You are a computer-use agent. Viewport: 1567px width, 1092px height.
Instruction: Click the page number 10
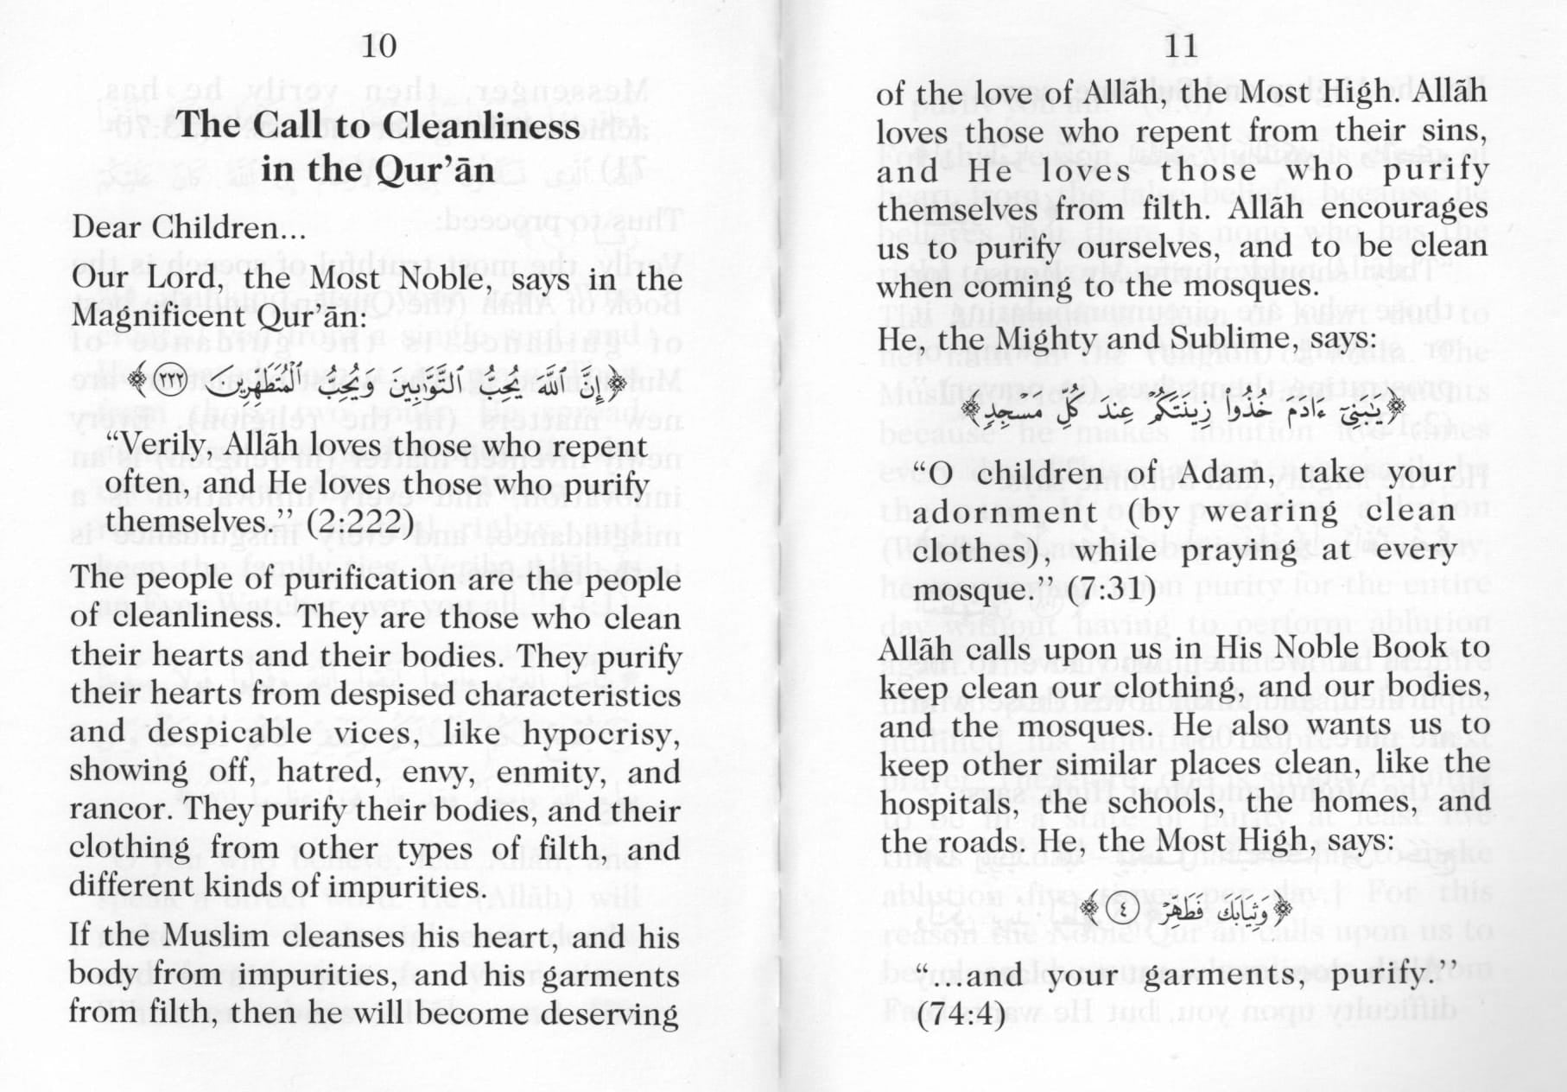coord(378,46)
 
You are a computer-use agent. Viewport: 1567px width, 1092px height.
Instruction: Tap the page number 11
coord(1181,46)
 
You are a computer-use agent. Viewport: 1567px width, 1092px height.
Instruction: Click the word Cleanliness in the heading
coord(478,126)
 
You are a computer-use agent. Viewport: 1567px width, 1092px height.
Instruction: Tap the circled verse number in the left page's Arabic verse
coord(171,381)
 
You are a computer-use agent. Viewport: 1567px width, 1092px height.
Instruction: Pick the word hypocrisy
coord(601,733)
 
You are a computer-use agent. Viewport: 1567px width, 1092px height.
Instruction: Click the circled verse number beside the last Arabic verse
coord(1122,909)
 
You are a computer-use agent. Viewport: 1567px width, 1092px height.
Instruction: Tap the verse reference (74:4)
coord(961,1013)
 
